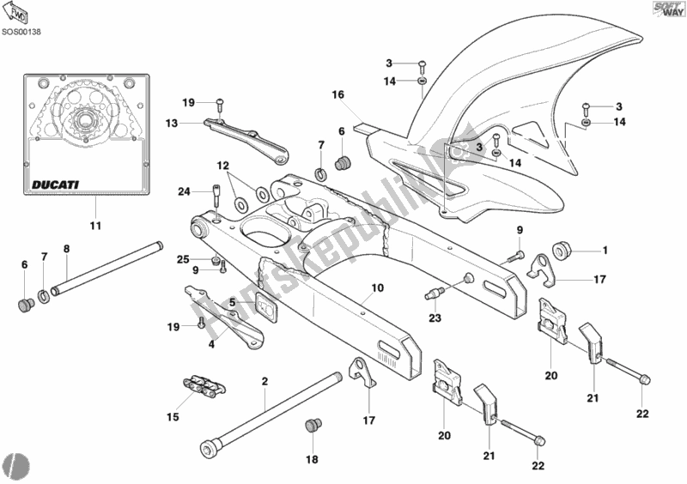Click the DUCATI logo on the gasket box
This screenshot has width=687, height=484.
tap(56, 184)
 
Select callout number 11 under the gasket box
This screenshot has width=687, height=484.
tap(95, 226)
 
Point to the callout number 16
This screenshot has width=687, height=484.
tap(337, 94)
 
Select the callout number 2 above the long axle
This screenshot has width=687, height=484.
tap(264, 380)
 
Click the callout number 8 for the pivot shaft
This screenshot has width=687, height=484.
tap(67, 249)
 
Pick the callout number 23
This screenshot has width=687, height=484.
tap(435, 318)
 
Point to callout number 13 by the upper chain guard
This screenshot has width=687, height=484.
tap(172, 124)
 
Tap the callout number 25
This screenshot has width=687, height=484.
tap(183, 259)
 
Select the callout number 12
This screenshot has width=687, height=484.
tap(223, 165)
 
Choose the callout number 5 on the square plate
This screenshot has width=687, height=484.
tap(232, 302)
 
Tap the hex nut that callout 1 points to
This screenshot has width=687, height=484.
tap(563, 251)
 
